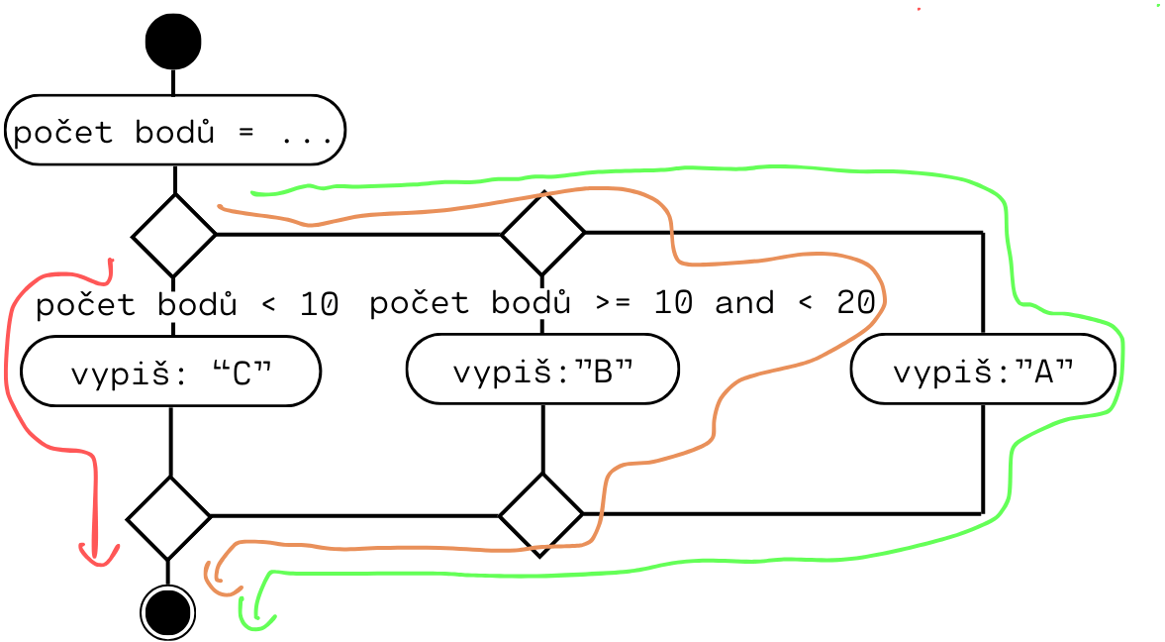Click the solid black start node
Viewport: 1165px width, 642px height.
pos(173,42)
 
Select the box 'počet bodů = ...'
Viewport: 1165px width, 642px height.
pos(175,131)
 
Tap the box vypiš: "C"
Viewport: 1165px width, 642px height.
pos(171,373)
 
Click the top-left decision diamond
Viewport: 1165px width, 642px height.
pos(174,236)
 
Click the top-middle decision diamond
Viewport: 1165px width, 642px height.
pos(542,234)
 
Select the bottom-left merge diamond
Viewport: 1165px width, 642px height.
pos(169,517)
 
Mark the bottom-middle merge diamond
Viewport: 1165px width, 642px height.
pos(540,515)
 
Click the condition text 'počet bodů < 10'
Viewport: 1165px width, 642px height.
pos(187,304)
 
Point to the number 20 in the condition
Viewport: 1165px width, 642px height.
pos(855,302)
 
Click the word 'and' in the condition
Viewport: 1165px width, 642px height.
pos(743,302)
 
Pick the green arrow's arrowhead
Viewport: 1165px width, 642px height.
pos(253,621)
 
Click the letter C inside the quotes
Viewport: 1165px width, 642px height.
pos(241,374)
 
